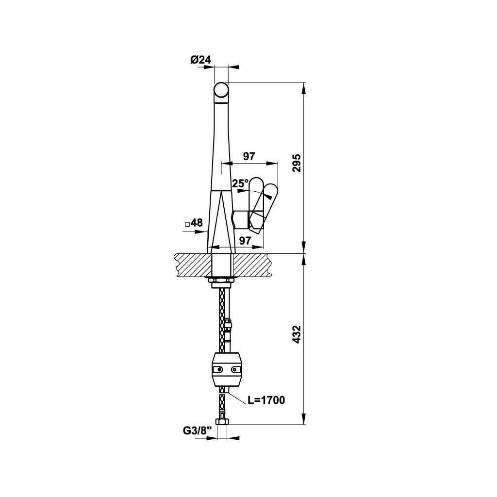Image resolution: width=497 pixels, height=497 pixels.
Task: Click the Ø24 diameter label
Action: click(200, 60)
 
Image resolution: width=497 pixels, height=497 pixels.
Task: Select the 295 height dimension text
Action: click(298, 164)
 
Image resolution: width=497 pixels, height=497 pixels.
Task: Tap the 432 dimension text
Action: click(298, 335)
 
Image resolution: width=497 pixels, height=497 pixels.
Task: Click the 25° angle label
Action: click(240, 183)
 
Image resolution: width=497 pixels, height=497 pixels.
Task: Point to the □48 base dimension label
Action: click(194, 223)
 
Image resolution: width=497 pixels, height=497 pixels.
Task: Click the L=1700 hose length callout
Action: click(266, 400)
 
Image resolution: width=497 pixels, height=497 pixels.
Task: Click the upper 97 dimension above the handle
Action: click(249, 156)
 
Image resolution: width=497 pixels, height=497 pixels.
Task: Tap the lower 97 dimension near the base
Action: click(245, 240)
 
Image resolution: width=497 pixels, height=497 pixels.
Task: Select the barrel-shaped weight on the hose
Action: click(227, 370)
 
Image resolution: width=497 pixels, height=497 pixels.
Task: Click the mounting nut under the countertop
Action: click(221, 281)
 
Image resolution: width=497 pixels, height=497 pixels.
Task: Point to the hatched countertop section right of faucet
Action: click(251, 265)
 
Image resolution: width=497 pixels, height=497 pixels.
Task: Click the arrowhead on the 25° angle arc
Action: click(267, 196)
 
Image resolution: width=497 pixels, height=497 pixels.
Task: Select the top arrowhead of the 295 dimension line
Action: click(304, 87)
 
